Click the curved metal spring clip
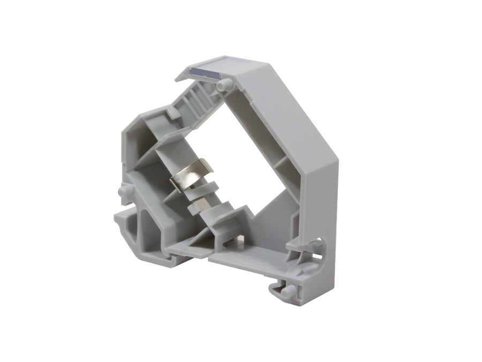click(x=192, y=176)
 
